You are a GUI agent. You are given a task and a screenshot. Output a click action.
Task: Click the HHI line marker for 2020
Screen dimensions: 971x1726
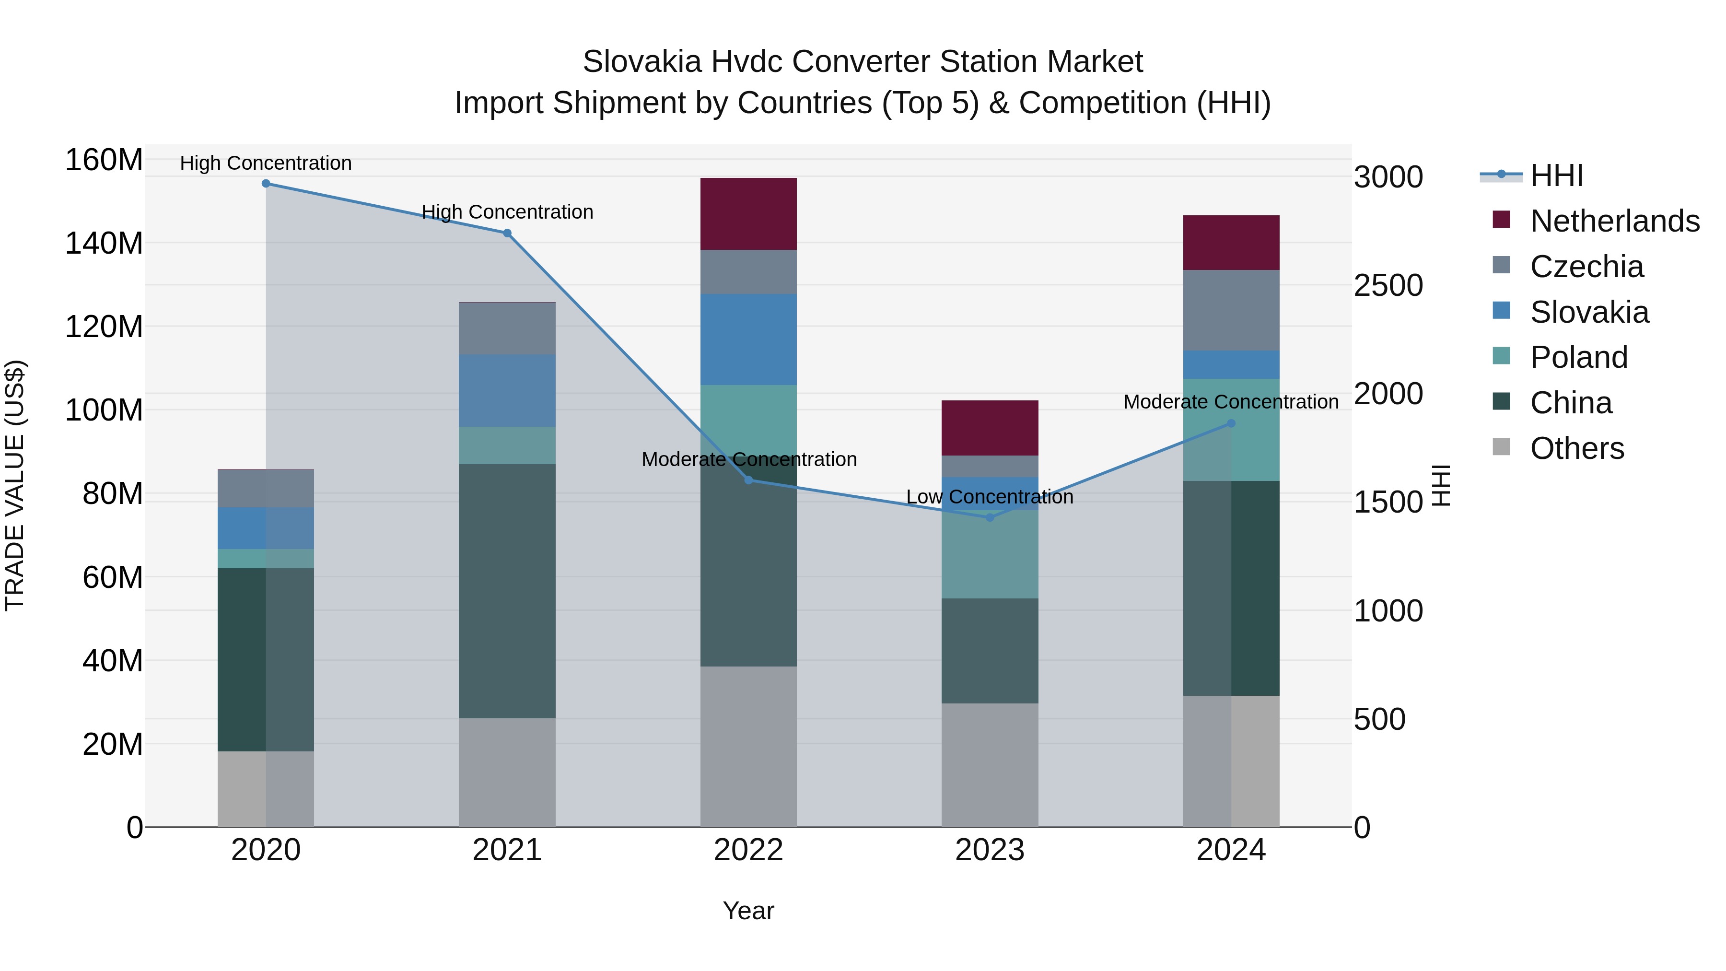pos(266,184)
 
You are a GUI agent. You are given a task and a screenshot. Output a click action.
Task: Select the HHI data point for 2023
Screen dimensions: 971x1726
pos(990,517)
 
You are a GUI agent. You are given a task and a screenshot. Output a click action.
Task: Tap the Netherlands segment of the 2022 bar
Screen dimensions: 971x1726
pos(748,214)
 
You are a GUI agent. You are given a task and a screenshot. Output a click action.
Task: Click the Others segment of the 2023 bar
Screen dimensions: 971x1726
pos(990,765)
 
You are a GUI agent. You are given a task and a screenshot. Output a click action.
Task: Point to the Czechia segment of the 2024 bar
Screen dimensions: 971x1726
pos(1231,310)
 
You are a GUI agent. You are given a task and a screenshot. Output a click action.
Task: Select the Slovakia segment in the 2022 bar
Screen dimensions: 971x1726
pos(748,339)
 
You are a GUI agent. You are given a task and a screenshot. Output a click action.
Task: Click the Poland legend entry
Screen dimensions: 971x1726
pos(1579,357)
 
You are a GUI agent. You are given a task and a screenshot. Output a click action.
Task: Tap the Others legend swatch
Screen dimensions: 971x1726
pos(1502,447)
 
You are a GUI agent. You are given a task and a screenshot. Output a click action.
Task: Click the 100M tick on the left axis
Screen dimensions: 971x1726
pos(104,410)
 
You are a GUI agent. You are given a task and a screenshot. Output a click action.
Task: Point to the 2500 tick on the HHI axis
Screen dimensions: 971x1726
pos(1388,285)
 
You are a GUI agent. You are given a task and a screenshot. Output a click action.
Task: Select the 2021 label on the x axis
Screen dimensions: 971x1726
pos(507,850)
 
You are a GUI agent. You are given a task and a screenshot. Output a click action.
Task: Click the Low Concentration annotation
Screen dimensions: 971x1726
pos(990,497)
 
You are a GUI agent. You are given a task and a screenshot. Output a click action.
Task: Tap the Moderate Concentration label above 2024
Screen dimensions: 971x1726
pos(1231,402)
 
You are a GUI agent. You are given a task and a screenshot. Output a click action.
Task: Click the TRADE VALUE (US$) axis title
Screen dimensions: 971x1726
pos(15,485)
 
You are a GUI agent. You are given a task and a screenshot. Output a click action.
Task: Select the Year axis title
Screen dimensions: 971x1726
pos(748,911)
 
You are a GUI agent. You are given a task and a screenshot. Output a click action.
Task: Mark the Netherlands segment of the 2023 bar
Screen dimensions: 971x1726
pos(990,428)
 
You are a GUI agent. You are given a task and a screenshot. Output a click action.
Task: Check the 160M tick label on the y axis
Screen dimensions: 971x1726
pos(104,160)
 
